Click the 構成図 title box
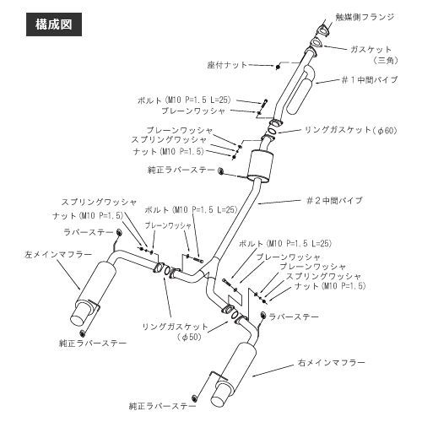54,24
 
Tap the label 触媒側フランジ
365,17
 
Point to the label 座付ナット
227,65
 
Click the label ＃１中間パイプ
369,80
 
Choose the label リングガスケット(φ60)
351,130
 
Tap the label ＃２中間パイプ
334,200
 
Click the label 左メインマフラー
58,255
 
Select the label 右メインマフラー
331,363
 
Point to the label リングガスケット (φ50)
175,332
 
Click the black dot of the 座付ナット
278,67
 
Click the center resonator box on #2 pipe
259,165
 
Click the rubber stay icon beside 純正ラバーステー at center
221,170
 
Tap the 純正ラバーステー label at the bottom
163,406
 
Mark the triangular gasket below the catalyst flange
316,42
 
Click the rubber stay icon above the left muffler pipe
119,232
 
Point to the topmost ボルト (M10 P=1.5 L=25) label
184,100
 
